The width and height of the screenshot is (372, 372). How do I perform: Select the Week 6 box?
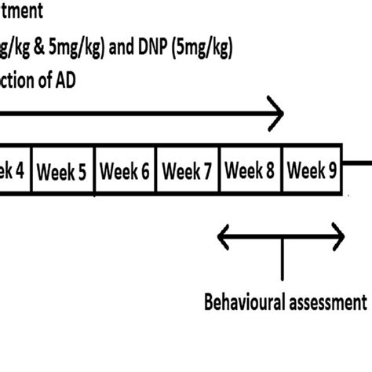point(125,171)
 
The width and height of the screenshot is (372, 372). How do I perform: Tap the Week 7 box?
point(188,171)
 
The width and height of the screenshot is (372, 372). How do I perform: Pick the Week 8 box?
point(250,171)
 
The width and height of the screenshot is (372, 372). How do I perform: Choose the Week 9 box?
point(312,171)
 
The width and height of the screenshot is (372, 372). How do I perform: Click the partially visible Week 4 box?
point(14,171)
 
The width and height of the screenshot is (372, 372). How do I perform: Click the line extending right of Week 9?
point(358,166)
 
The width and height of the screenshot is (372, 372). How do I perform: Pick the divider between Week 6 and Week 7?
point(156,171)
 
